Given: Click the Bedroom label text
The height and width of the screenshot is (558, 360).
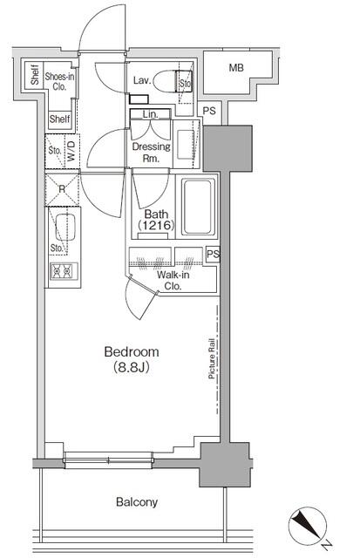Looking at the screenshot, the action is tap(132, 351).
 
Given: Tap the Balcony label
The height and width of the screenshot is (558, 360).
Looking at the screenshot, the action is tap(137, 502).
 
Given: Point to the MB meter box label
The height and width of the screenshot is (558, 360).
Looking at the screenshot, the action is tap(236, 67).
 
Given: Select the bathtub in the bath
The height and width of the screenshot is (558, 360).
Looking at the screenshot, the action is tap(198, 207).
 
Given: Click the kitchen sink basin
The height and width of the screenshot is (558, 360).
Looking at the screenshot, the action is tap(65, 227).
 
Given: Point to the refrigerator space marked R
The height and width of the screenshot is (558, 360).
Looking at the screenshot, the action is tap(62, 189).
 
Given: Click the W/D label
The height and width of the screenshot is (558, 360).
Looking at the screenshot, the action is tap(71, 151).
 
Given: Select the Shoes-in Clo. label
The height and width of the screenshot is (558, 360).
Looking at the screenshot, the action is tap(59, 81).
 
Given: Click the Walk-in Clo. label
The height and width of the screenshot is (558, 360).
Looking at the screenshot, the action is tap(173, 281).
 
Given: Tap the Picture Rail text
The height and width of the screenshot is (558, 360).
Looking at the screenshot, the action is tap(212, 358).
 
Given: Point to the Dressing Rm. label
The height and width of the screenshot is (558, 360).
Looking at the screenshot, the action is tap(151, 153).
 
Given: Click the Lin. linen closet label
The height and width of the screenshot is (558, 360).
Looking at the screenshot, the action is tap(151, 114).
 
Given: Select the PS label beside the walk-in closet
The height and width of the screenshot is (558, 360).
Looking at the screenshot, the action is tap(213, 254).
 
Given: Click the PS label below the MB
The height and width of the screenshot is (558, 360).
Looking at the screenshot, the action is tap(209, 111).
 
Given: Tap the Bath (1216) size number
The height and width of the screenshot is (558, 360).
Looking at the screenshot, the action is tap(156, 225).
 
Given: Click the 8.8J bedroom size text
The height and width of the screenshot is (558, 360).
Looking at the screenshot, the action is tap(132, 367).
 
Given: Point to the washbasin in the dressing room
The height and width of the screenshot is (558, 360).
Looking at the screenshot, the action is tap(185, 144).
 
